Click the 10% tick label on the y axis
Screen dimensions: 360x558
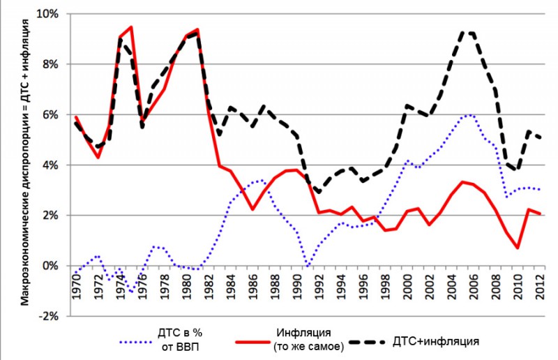pyautogui.click(x=48, y=14)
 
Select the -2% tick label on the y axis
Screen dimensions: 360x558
pyautogui.click(x=50, y=316)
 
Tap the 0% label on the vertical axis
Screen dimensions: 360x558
pyautogui.click(x=51, y=266)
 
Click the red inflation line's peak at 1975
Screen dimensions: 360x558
pyautogui.click(x=130, y=27)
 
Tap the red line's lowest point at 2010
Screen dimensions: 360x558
pyautogui.click(x=517, y=248)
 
